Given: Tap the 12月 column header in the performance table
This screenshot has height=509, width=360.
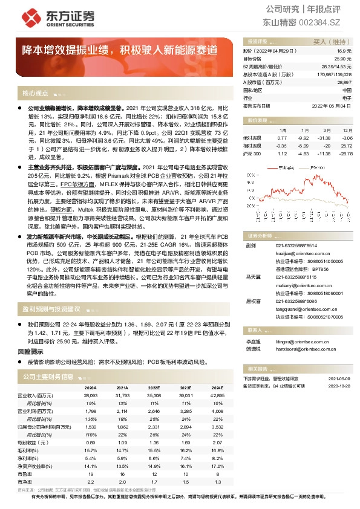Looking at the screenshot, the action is coord(347,130).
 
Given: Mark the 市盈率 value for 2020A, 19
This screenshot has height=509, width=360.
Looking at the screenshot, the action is coord(91,475).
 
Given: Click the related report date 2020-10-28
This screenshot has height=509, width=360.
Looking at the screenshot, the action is coord(335,384).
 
